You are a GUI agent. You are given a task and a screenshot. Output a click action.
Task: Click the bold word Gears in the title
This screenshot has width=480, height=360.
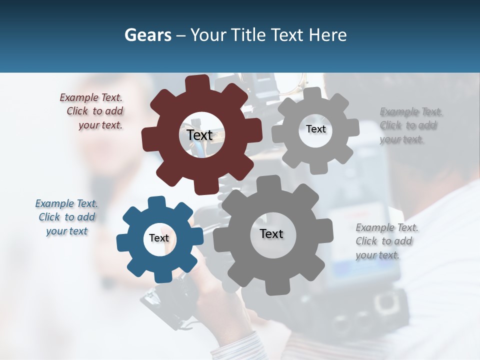(147, 35)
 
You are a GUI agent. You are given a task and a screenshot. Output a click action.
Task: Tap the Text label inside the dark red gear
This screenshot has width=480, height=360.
(199, 135)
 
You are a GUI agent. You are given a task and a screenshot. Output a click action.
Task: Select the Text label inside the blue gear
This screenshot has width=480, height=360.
(159, 238)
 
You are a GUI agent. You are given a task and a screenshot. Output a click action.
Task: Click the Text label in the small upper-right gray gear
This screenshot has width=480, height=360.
(315, 129)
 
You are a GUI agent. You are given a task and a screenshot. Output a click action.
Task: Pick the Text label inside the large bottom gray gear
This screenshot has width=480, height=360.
(271, 233)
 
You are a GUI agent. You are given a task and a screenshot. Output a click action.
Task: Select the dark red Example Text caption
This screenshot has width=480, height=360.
(93, 111)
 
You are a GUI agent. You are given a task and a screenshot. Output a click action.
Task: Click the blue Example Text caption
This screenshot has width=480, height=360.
(66, 217)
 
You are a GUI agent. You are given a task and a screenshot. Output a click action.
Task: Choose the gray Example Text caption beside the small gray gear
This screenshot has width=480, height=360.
(410, 125)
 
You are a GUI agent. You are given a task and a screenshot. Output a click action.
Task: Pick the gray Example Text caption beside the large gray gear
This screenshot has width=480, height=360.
(386, 241)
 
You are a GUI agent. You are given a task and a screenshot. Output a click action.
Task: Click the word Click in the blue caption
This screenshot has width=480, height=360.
(49, 217)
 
